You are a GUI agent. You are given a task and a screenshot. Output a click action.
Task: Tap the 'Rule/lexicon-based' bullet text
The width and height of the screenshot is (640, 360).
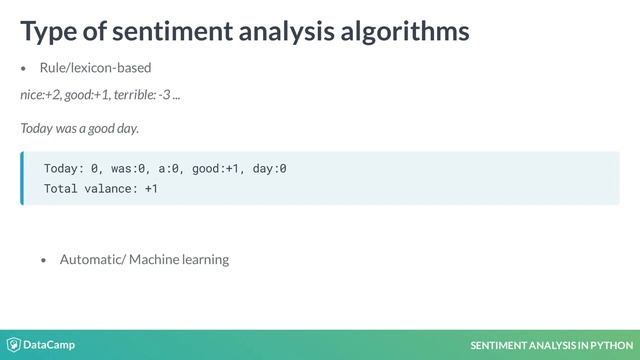[x=95, y=68]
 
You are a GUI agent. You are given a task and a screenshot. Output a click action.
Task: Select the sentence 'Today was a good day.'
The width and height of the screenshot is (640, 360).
[x=79, y=128]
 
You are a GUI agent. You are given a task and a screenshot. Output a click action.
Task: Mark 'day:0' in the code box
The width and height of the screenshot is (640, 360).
[x=269, y=168]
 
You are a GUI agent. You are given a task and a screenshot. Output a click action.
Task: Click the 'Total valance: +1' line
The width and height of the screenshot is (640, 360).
[x=100, y=188]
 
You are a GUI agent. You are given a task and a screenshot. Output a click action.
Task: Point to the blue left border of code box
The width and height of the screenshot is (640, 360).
[x=21, y=178]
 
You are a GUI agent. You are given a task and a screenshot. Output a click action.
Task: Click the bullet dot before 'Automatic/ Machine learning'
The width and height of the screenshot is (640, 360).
[x=44, y=260]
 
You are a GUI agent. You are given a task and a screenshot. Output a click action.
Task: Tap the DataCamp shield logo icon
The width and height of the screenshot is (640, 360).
[x=14, y=345]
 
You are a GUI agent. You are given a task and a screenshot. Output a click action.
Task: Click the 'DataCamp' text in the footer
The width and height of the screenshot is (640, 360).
[x=50, y=345]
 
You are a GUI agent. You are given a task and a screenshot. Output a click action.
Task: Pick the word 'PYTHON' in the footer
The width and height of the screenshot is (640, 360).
[x=609, y=346]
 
